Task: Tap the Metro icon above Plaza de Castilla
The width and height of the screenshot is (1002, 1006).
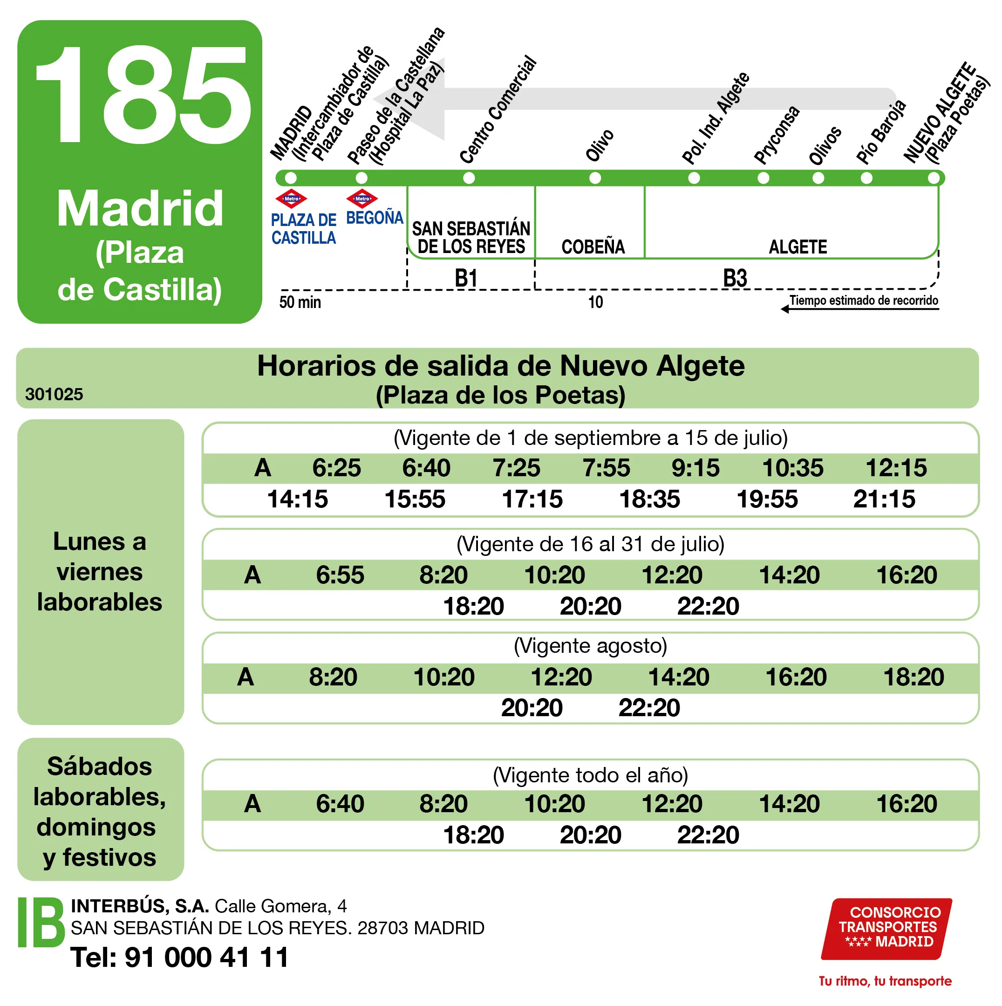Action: pyautogui.click(x=291, y=198)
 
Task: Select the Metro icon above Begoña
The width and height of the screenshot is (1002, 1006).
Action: pyautogui.click(x=362, y=198)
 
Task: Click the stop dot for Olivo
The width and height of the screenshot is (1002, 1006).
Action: pyautogui.click(x=595, y=178)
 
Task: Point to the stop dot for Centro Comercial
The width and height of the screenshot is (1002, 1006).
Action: pyautogui.click(x=469, y=178)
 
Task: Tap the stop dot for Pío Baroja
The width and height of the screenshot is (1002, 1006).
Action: pyautogui.click(x=866, y=178)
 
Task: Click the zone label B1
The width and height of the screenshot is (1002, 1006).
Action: pyautogui.click(x=466, y=278)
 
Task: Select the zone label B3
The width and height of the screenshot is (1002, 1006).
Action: pyautogui.click(x=735, y=278)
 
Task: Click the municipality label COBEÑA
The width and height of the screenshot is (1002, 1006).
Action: pyautogui.click(x=593, y=247)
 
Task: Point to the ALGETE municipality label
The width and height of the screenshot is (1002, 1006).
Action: pyautogui.click(x=798, y=247)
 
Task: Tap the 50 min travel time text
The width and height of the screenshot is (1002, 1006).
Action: pyautogui.click(x=300, y=302)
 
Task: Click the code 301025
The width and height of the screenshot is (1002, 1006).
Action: pyautogui.click(x=54, y=394)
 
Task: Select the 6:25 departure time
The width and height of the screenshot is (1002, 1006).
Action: pyautogui.click(x=336, y=468)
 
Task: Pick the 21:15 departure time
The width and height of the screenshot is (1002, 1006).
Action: pyautogui.click(x=884, y=499)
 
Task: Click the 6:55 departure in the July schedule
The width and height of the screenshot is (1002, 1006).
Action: pyautogui.click(x=340, y=575)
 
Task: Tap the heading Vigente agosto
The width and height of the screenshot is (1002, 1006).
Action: pyautogui.click(x=590, y=646)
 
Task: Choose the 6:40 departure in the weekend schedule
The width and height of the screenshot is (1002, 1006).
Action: pyautogui.click(x=340, y=803)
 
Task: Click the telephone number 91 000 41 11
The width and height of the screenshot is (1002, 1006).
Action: pyautogui.click(x=207, y=957)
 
